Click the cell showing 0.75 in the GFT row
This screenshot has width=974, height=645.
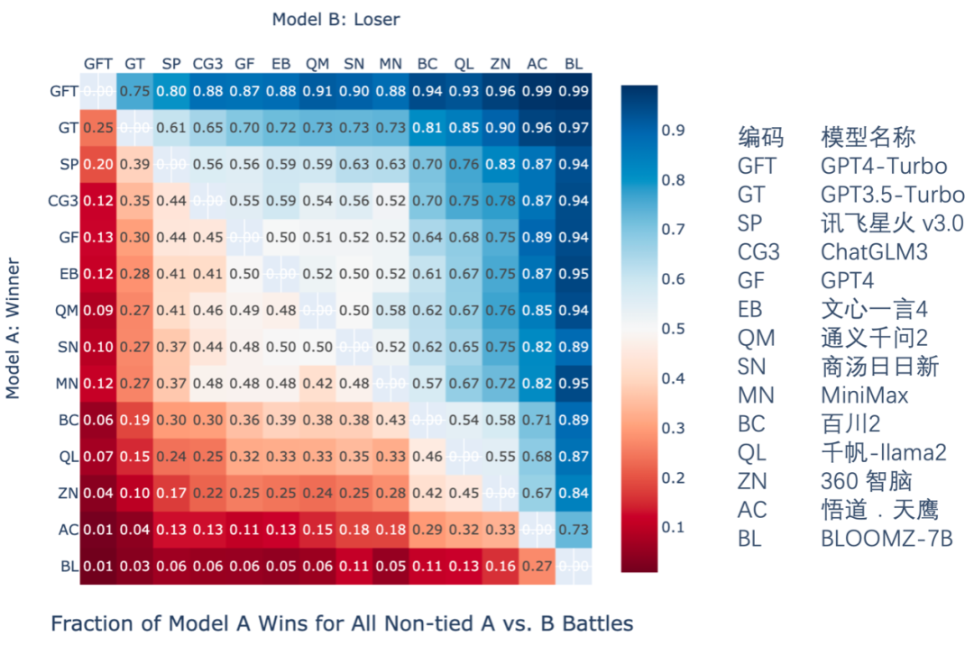pyautogui.click(x=134, y=91)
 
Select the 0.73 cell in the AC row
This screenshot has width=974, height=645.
pyautogui.click(x=573, y=530)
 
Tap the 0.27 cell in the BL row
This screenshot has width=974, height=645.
pyautogui.click(x=537, y=567)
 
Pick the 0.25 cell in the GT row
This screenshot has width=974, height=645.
pyautogui.click(x=97, y=128)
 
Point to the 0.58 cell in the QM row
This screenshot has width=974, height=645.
pyautogui.click(x=391, y=311)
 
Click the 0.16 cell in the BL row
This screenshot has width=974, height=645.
pyautogui.click(x=500, y=567)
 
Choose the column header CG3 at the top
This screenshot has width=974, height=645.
pyautogui.click(x=207, y=64)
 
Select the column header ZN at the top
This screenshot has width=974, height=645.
pyautogui.click(x=500, y=64)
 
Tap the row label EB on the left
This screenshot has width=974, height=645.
pyautogui.click(x=67, y=274)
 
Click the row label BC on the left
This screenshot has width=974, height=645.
pyautogui.click(x=67, y=420)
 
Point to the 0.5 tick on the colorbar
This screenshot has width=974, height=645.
pyautogui.click(x=673, y=329)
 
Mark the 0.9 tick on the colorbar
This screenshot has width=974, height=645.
pyautogui.click(x=673, y=131)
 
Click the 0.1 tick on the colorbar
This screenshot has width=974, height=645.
pyautogui.click(x=673, y=527)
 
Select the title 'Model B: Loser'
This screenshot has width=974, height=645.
pyautogui.click(x=335, y=19)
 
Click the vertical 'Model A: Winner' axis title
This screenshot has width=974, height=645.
pyautogui.click(x=14, y=329)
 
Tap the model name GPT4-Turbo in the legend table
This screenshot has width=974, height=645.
pyautogui.click(x=883, y=167)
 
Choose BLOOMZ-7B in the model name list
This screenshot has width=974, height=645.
pyautogui.click(x=886, y=539)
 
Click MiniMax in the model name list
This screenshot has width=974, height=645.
pyautogui.click(x=864, y=395)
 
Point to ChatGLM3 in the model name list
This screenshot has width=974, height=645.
pyautogui.click(x=874, y=252)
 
